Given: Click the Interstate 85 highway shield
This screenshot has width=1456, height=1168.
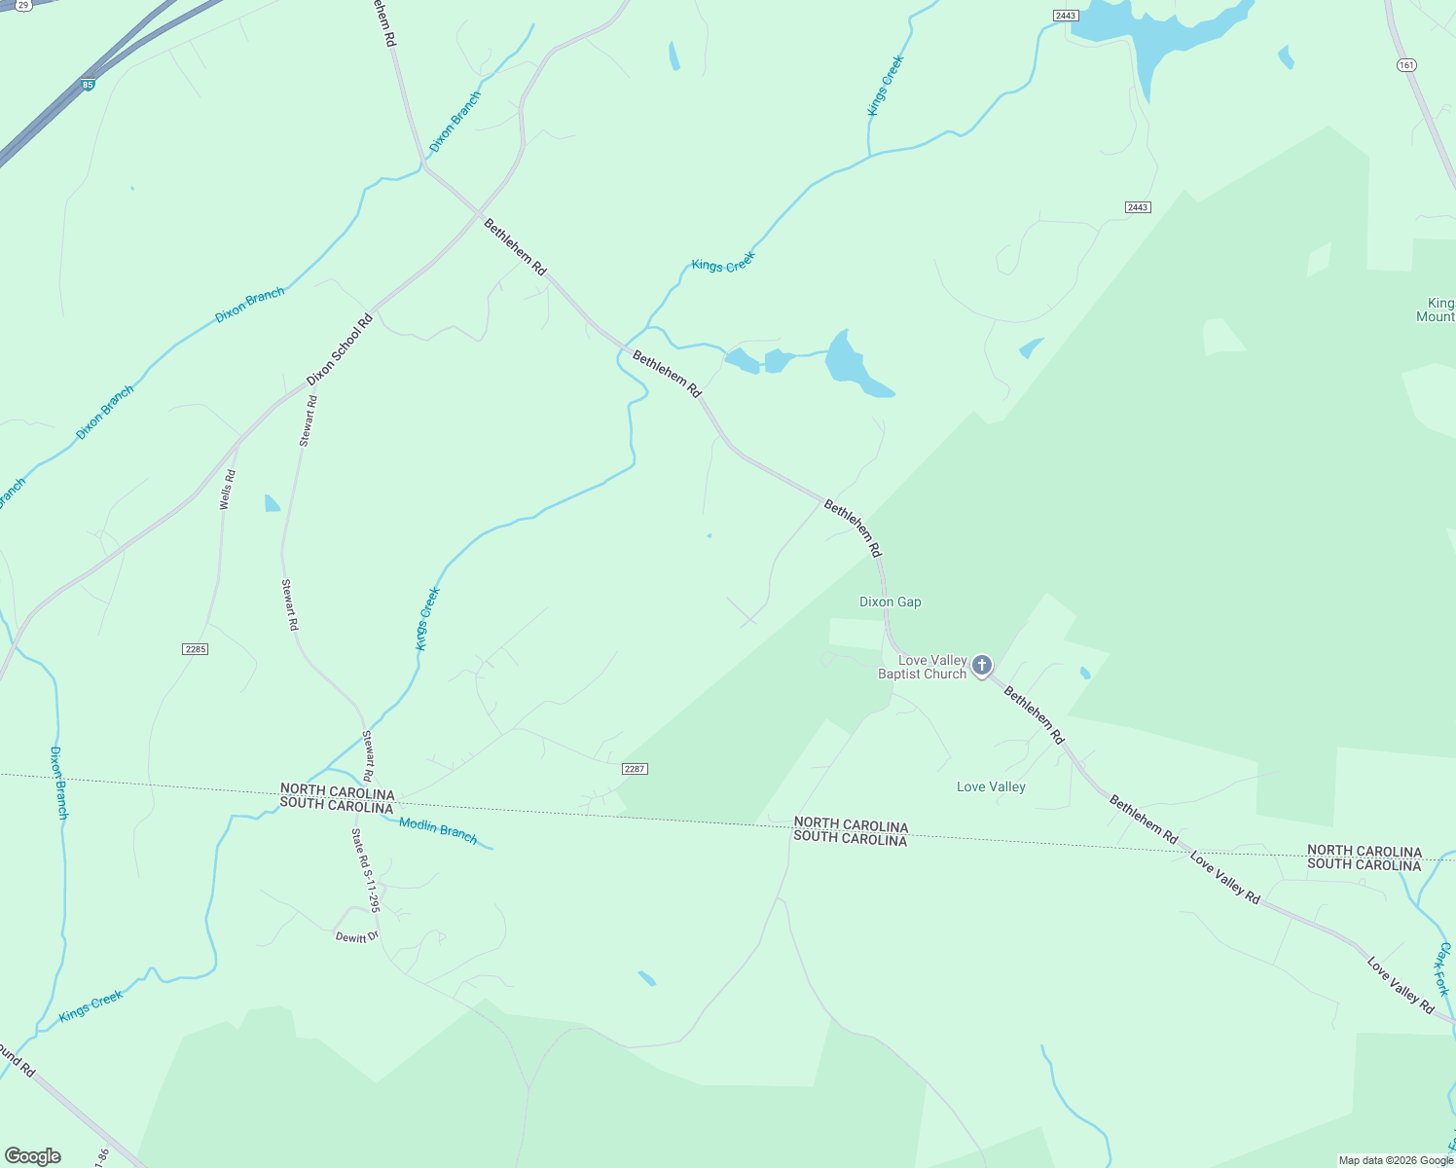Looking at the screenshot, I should (x=89, y=85).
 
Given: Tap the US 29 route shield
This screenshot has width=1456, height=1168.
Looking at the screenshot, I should (x=22, y=5).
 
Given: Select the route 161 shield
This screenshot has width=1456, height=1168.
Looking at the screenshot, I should (x=1405, y=65).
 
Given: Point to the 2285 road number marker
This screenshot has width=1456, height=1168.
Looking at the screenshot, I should (x=195, y=649).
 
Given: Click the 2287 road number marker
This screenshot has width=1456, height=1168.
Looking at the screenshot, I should (x=635, y=769).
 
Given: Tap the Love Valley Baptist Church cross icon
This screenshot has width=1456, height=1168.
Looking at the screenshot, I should (x=982, y=666).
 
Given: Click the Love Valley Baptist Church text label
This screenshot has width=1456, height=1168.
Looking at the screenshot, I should (x=922, y=668).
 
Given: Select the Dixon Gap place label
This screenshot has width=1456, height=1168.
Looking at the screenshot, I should (x=890, y=602).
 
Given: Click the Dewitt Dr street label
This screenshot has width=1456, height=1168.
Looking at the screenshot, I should (x=356, y=937).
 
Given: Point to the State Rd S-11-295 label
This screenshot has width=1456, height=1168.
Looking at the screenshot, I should (x=366, y=870).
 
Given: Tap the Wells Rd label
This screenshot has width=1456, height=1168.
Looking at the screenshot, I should (x=227, y=490).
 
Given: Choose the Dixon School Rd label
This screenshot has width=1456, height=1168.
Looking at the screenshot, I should (x=340, y=349).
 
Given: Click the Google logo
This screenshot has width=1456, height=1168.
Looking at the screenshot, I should (x=32, y=1156).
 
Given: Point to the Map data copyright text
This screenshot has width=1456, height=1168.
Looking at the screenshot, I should (x=1396, y=1160).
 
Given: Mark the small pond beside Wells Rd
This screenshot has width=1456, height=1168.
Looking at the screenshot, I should (x=272, y=503).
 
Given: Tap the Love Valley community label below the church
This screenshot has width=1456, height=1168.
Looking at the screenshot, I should (x=991, y=787).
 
